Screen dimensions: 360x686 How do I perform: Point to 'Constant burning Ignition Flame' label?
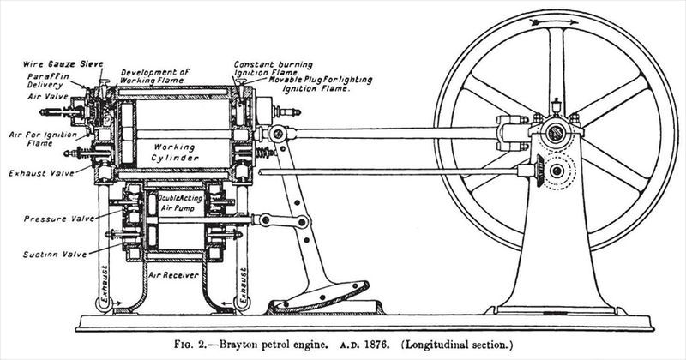[x=272, y=69]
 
